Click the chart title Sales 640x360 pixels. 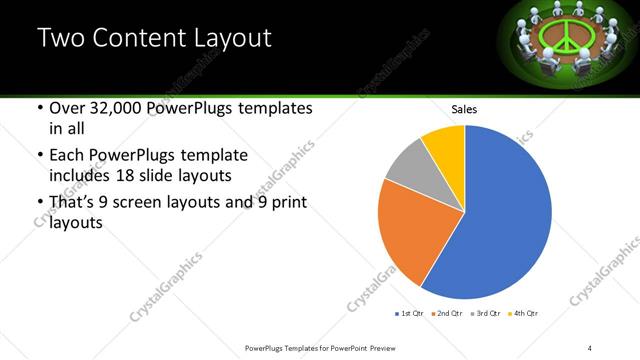click(x=464, y=109)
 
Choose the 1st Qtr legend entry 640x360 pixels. click(x=409, y=314)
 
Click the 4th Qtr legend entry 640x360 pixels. click(x=524, y=314)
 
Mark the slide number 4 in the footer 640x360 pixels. click(x=590, y=347)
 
